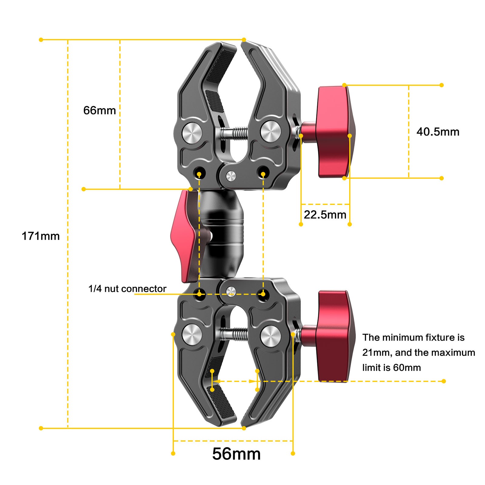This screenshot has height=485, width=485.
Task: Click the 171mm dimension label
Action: (x=41, y=236)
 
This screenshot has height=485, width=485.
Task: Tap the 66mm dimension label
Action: (x=99, y=110)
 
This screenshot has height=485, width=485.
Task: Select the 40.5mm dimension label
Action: (x=438, y=132)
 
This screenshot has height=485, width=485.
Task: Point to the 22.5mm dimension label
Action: (x=325, y=215)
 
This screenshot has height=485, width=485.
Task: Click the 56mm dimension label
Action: (x=236, y=454)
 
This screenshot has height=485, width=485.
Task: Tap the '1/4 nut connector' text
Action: (x=127, y=289)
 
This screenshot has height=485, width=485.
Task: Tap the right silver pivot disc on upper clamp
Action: (x=270, y=132)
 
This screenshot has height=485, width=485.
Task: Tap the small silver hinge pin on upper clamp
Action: (x=231, y=176)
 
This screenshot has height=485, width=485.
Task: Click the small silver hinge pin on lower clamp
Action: (x=231, y=291)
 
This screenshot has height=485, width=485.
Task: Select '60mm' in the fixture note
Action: (x=407, y=368)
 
